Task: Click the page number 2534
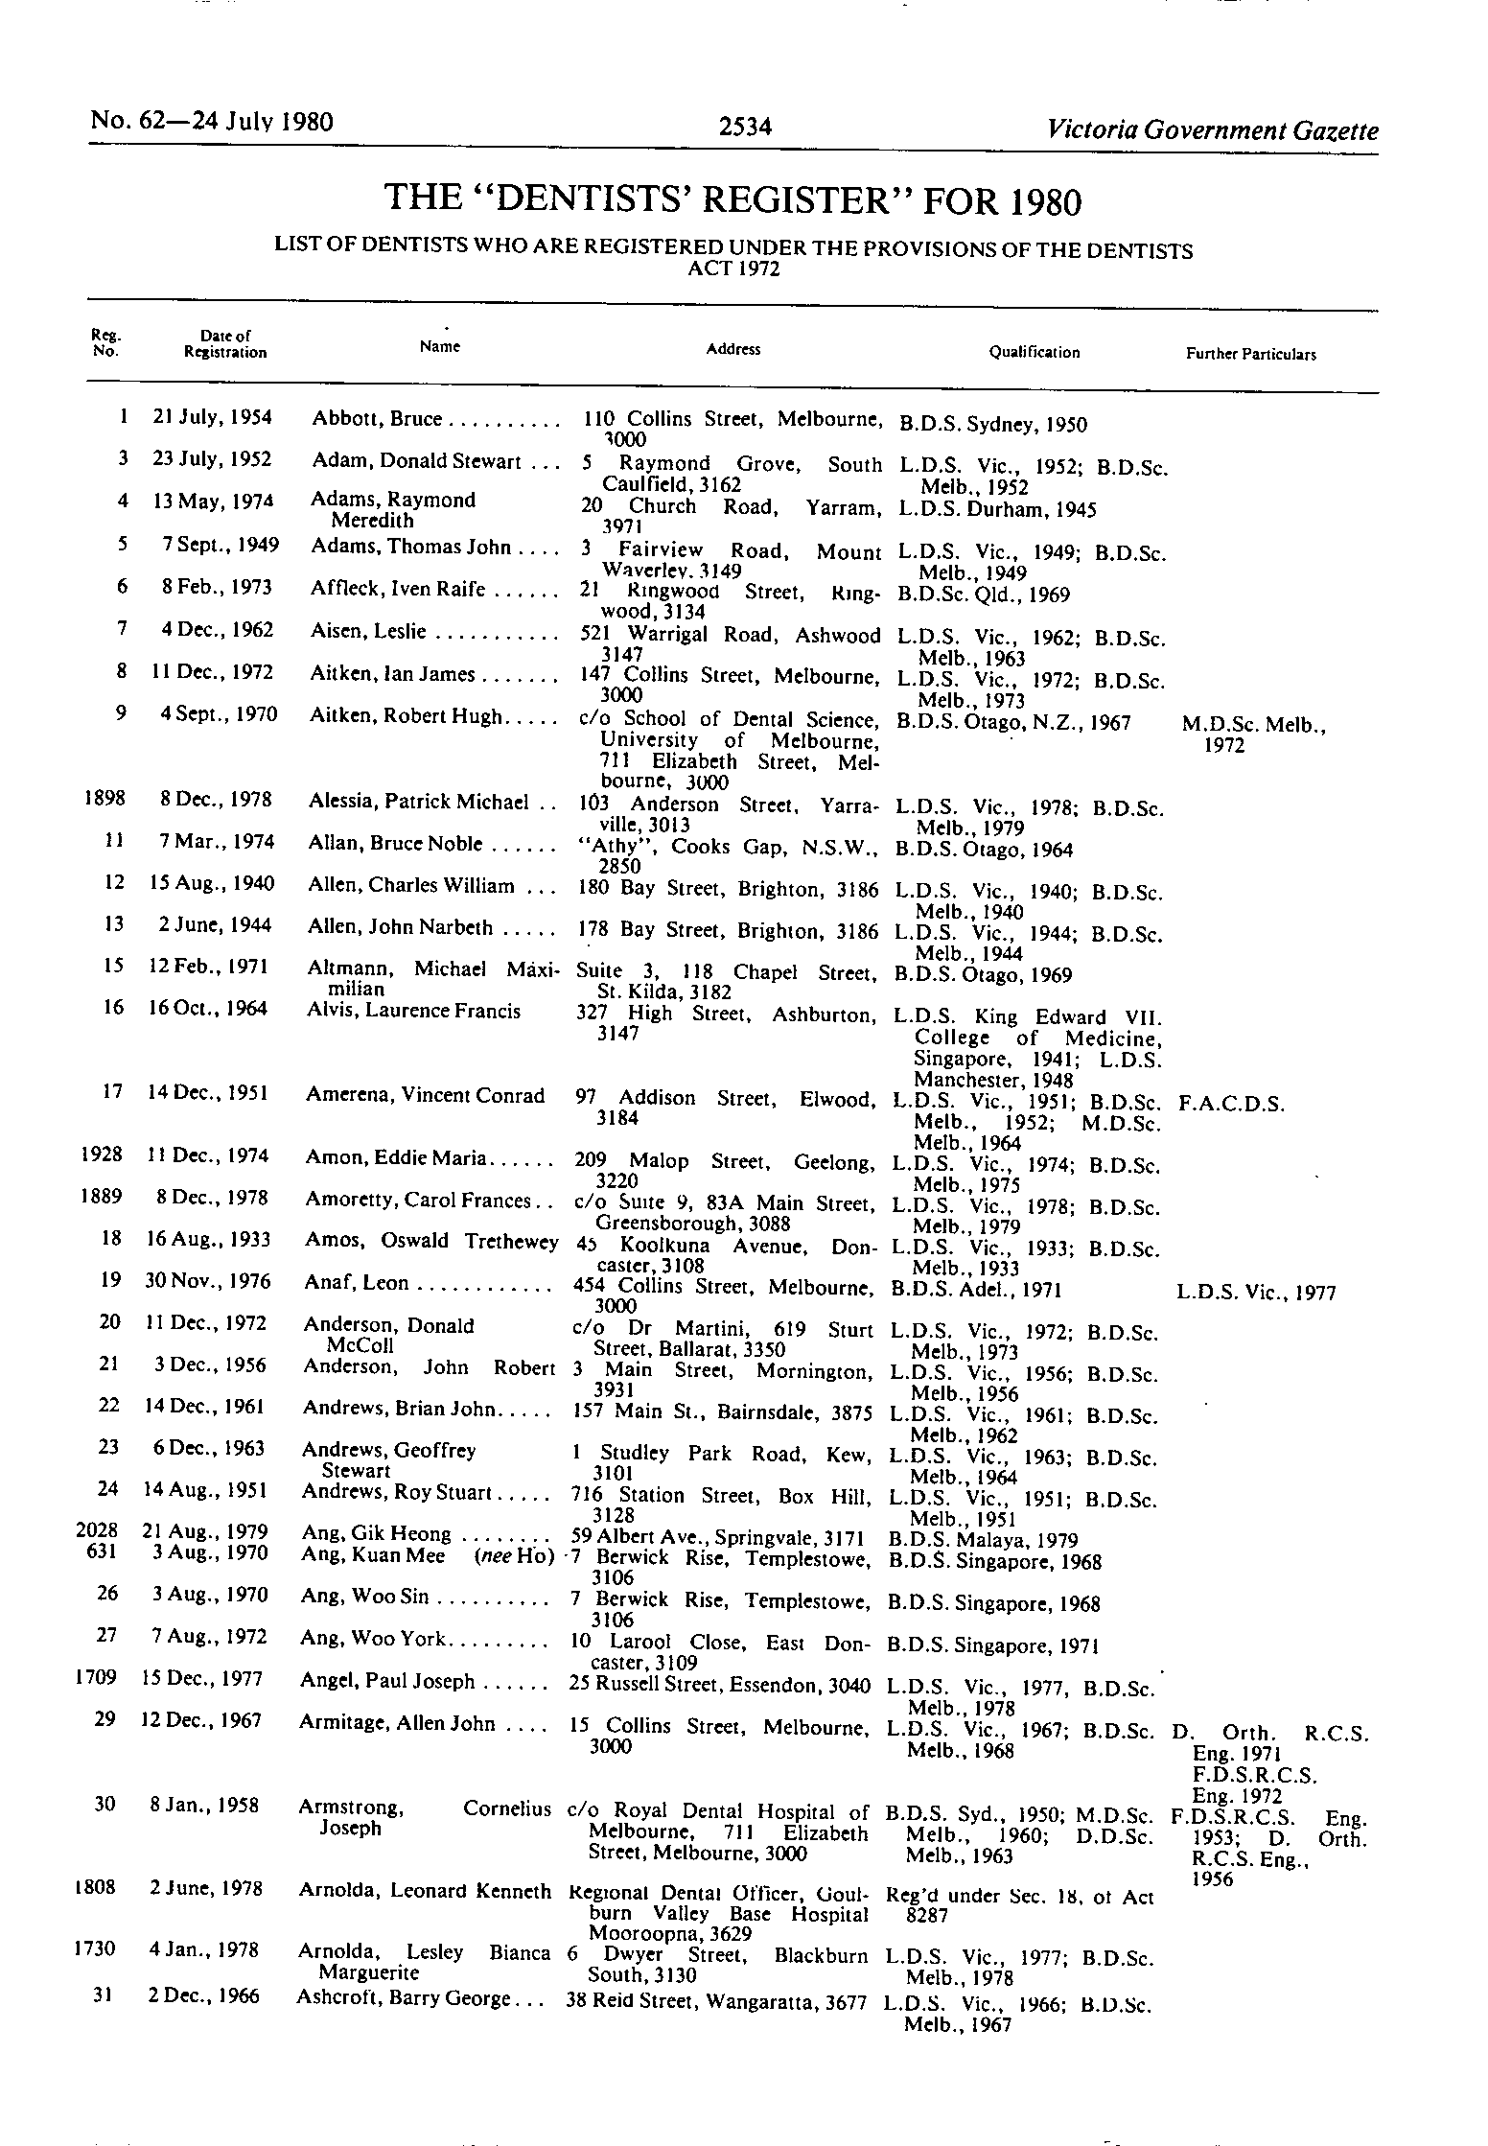tap(745, 127)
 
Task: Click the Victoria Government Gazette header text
tap(1213, 130)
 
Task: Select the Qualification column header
tap(1035, 352)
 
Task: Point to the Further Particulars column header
tap(1250, 354)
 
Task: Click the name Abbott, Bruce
tap(377, 419)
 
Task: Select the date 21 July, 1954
tap(212, 417)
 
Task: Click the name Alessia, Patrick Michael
tap(419, 801)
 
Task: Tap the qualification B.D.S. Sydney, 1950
tap(992, 425)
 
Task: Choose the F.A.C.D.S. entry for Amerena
tap(1231, 1103)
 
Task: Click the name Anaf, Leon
tap(356, 1283)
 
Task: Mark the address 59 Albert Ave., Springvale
tap(718, 1532)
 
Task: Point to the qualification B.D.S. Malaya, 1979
tap(983, 1540)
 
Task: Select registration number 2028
tap(97, 1530)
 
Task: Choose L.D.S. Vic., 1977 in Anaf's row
tap(1255, 1292)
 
